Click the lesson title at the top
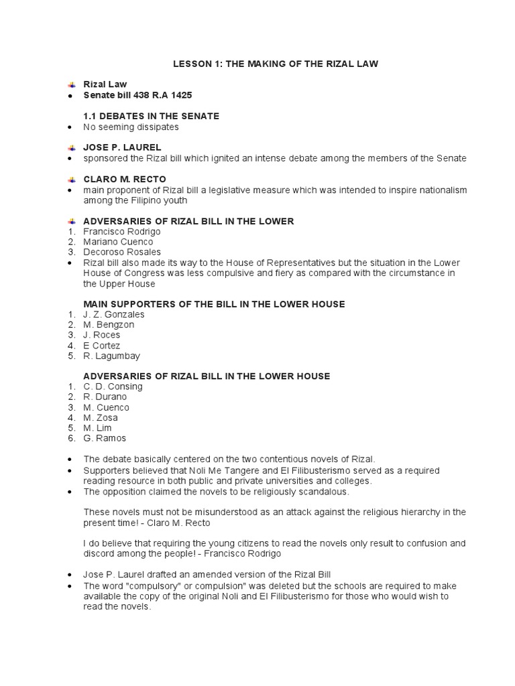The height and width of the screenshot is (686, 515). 275,64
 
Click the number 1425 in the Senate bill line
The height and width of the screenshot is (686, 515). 180,95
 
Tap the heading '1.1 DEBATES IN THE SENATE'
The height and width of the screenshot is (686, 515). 151,116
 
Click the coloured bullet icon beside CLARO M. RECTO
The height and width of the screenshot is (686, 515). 71,179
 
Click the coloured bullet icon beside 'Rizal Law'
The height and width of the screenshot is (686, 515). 71,85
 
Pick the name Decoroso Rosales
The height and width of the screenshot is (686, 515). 118,252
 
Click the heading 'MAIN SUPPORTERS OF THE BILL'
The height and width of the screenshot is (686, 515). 214,304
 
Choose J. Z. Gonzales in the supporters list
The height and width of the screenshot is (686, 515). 114,314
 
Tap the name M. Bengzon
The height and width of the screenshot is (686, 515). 109,325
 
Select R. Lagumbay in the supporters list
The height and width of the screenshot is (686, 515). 112,356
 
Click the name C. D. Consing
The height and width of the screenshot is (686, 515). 113,387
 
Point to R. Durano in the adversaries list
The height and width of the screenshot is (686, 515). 105,397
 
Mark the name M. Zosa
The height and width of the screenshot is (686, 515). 101,417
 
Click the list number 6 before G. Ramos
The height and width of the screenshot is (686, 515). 70,438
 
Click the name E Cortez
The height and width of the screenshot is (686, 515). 102,346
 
